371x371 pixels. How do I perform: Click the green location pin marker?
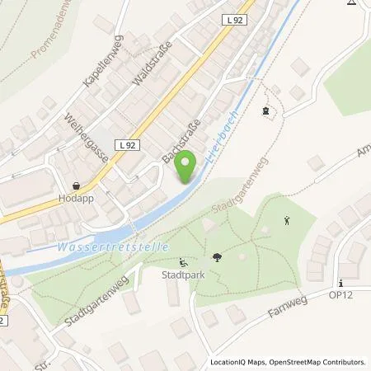188,166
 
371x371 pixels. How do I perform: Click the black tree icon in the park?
217,258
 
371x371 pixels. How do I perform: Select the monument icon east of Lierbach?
265,110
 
